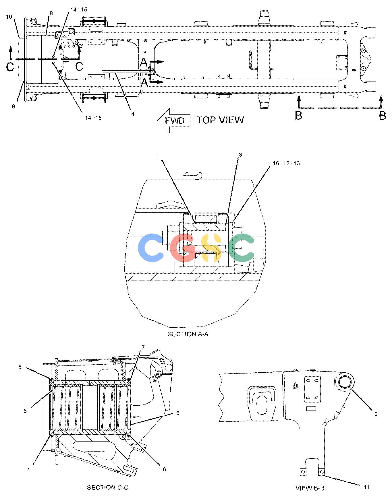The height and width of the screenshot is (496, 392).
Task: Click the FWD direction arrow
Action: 174,120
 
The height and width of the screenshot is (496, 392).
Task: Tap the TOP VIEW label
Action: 220,120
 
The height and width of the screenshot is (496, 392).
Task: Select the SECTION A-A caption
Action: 188,334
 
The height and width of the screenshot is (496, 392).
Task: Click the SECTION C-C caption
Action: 108,487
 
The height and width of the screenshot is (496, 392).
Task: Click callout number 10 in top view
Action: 9,17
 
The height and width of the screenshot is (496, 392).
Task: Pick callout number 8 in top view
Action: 51,13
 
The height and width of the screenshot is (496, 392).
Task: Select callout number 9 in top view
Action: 13,106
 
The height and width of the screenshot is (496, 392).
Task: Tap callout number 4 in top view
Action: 133,114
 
